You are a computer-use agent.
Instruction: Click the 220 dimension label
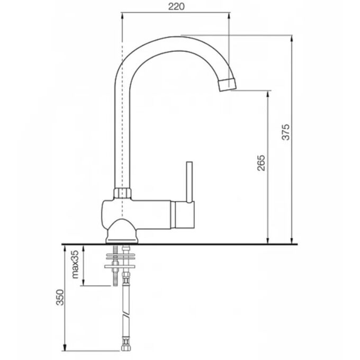click(176, 6)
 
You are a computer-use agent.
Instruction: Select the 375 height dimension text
click(286, 132)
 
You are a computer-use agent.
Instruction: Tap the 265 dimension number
click(261, 163)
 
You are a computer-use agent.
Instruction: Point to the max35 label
click(75, 264)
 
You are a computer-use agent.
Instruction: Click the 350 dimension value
click(60, 297)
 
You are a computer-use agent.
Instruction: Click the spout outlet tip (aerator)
click(227, 85)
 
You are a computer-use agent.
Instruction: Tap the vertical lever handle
click(190, 182)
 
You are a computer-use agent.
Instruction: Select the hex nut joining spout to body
click(122, 193)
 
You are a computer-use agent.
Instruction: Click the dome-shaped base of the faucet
click(122, 231)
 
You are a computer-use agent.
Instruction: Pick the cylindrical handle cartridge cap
click(183, 214)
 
